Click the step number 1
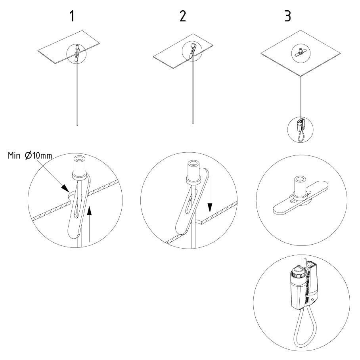[x=72, y=16]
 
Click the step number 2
[x=183, y=16]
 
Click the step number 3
[x=288, y=16]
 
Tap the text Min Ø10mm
[x=30, y=156]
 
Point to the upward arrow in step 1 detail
[x=89, y=224]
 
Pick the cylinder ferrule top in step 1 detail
[x=79, y=159]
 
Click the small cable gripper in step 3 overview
[x=301, y=125]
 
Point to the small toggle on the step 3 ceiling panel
[x=301, y=53]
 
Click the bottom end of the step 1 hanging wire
[x=77, y=125]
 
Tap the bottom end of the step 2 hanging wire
[x=193, y=124]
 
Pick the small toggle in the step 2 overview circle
[x=192, y=50]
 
